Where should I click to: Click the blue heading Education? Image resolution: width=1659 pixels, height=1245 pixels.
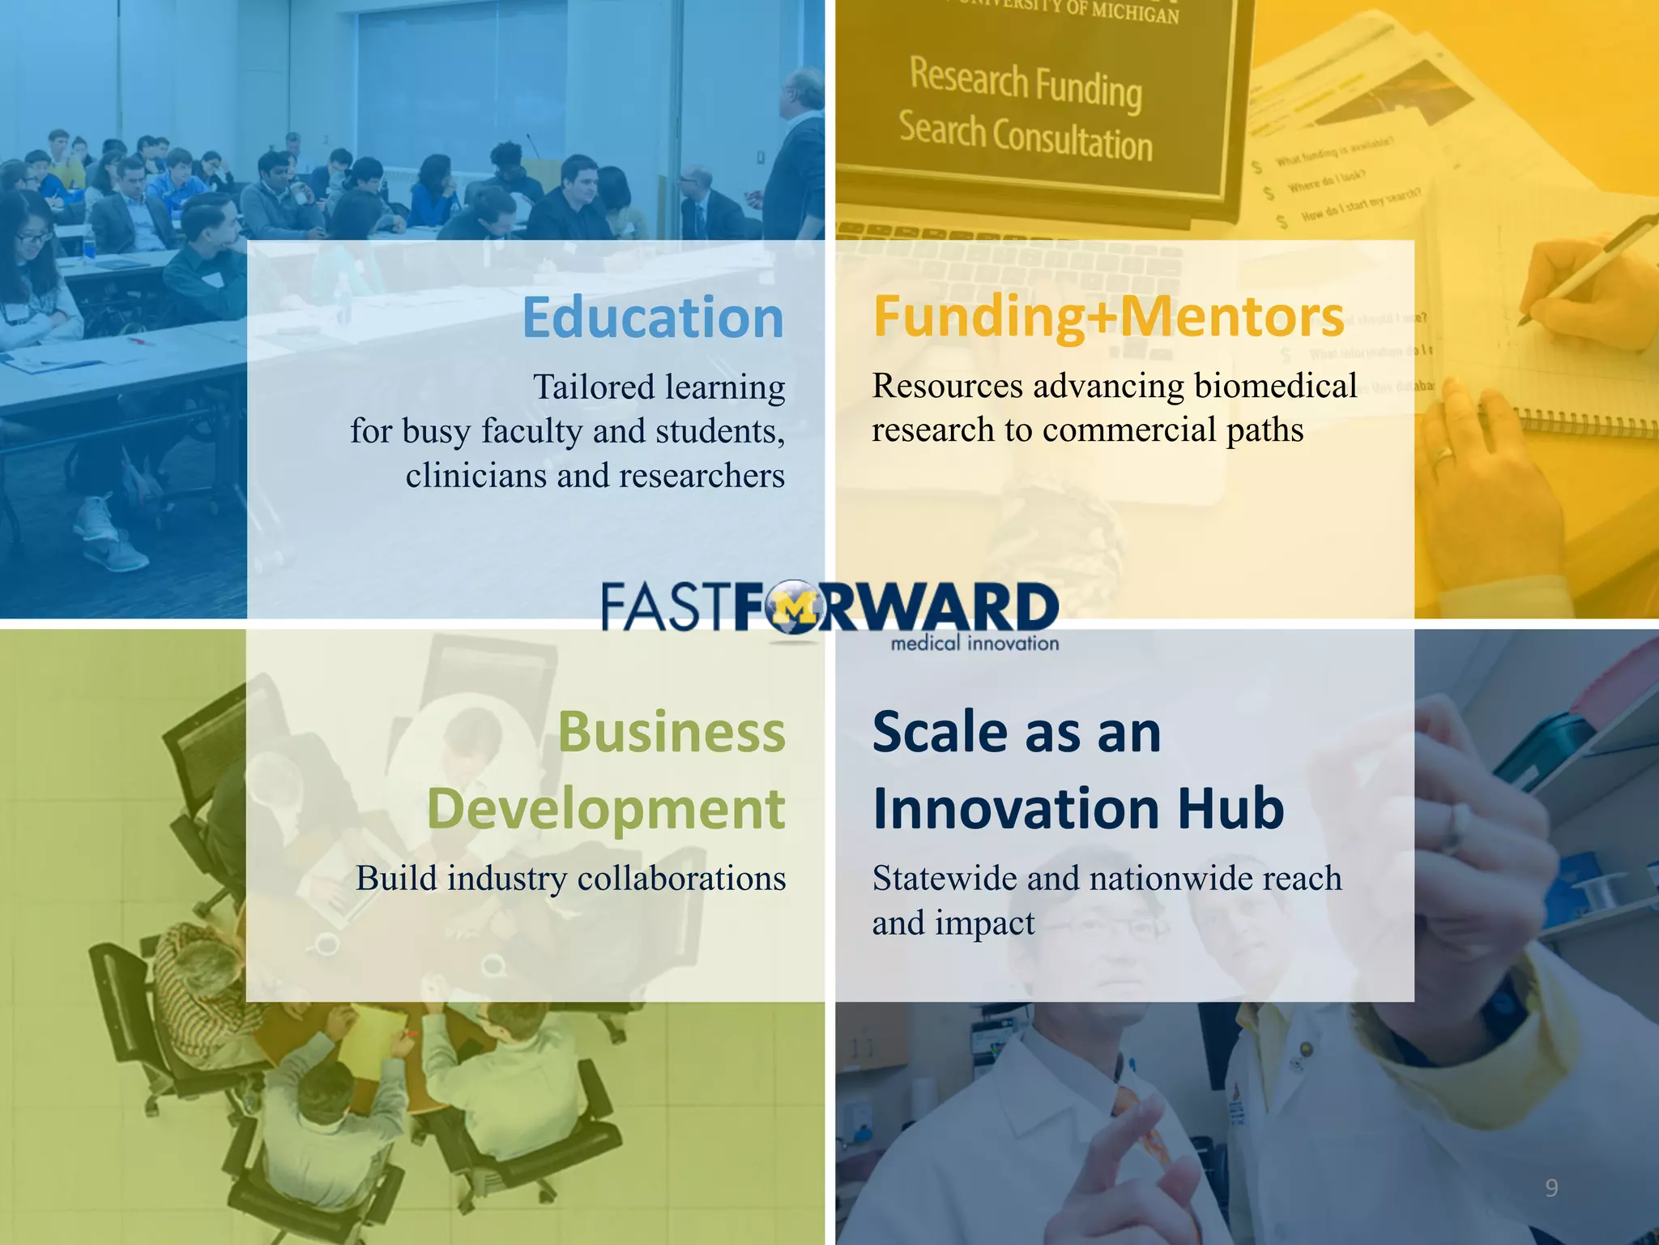point(653,318)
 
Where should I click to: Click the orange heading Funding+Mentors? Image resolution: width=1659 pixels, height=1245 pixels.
point(1108,318)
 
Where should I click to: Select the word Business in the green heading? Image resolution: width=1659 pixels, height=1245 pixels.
point(672,732)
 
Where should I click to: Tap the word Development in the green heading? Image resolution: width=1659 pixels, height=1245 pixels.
point(606,809)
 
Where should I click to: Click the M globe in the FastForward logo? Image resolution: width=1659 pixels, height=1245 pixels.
point(794,608)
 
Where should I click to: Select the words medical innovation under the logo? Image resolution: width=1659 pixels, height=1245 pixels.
point(975,644)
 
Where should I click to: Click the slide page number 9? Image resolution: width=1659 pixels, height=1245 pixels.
point(1551,1188)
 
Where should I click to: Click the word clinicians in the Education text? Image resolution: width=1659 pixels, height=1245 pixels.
point(476,476)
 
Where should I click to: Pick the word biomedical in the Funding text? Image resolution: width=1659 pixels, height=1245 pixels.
point(1276,386)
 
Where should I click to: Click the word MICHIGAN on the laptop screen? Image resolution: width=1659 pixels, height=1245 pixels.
point(1133,11)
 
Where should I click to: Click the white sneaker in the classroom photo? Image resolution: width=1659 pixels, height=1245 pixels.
point(113,543)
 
